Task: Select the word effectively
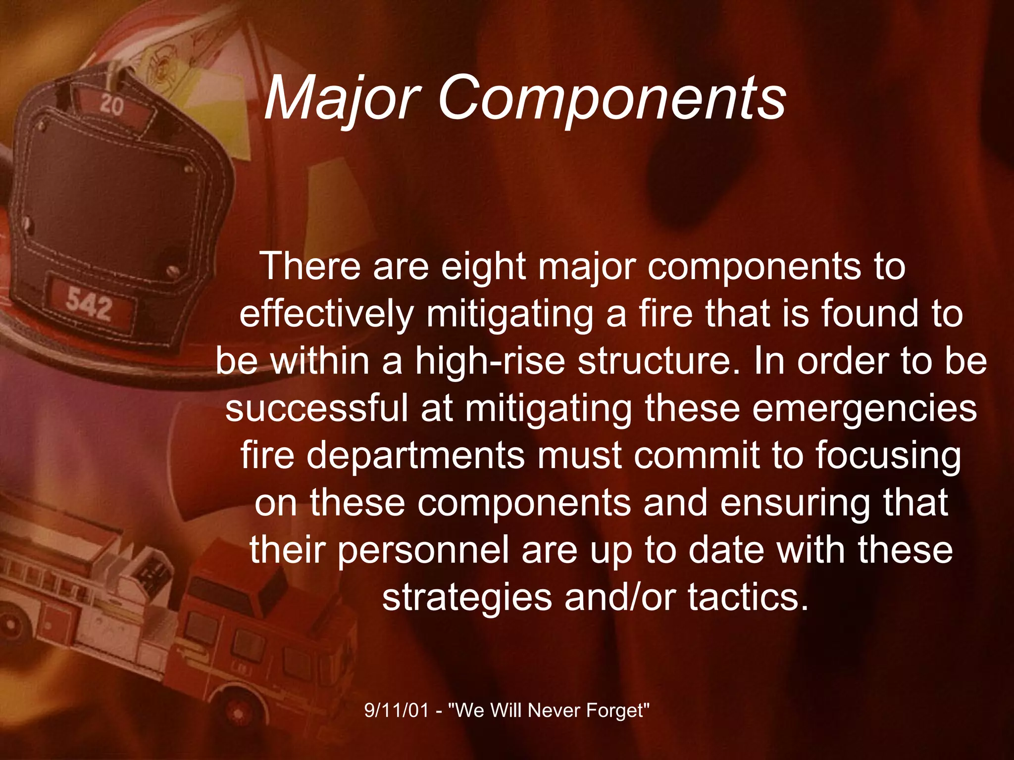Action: [x=326, y=314]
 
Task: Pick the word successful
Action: [x=317, y=408]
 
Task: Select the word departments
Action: [x=415, y=455]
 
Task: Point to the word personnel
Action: [x=423, y=550]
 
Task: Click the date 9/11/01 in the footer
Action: [x=396, y=711]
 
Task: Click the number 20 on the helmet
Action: [x=112, y=105]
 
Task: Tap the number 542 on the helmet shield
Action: [x=89, y=303]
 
